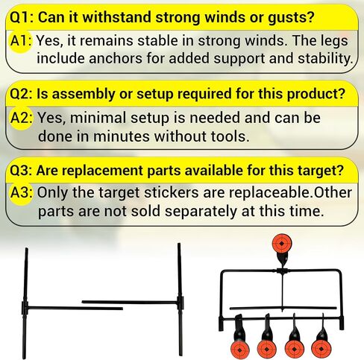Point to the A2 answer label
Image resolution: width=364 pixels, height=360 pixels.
coord(22,119)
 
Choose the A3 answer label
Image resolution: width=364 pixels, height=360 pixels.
coord(22,192)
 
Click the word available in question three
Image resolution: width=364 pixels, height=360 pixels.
coord(204,171)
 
